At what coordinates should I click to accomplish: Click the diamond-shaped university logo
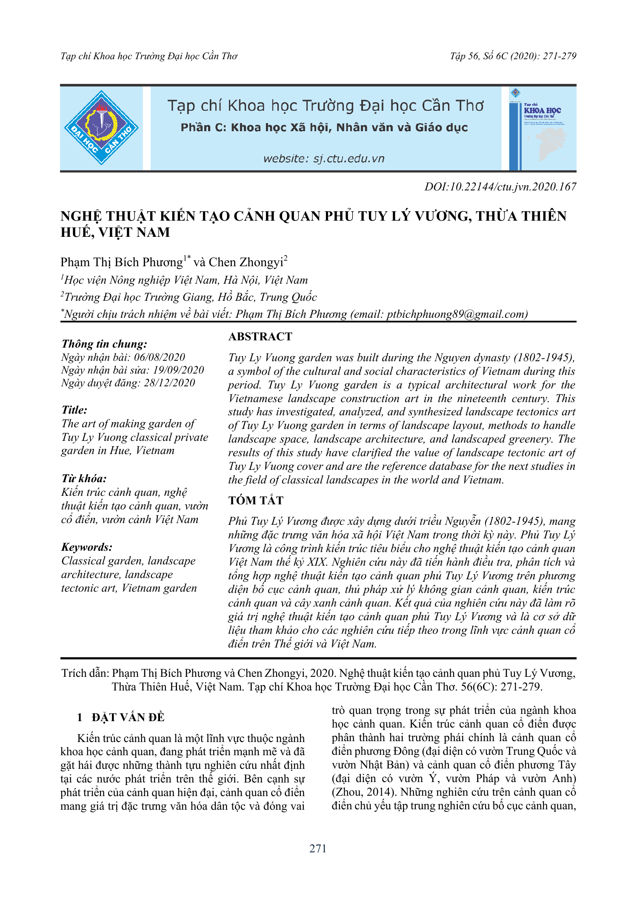(x=101, y=128)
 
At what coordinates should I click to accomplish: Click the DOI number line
(x=500, y=187)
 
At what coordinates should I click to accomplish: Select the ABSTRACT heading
(x=260, y=337)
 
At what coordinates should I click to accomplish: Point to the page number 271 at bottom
(x=318, y=849)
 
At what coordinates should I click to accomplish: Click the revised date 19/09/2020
(x=178, y=370)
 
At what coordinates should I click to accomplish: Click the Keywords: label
(x=87, y=547)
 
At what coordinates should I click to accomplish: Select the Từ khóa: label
(x=84, y=478)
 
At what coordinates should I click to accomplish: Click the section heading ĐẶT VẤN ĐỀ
(x=128, y=718)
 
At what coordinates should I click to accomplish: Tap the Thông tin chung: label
(x=104, y=344)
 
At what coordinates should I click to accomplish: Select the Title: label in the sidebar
(x=74, y=410)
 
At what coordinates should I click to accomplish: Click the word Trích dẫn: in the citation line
(x=85, y=673)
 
